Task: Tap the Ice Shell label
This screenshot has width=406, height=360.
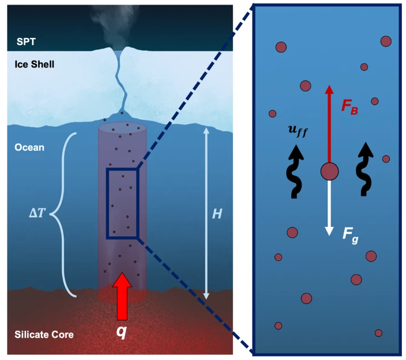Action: click(35, 64)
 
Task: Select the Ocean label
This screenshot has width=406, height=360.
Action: click(29, 147)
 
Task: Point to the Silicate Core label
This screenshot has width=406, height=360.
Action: click(44, 334)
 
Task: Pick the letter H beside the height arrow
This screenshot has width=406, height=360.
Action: click(217, 214)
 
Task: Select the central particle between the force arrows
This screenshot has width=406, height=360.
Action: click(329, 172)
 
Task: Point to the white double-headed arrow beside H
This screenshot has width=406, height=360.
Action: click(205, 214)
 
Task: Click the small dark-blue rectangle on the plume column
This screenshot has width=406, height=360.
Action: click(122, 203)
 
